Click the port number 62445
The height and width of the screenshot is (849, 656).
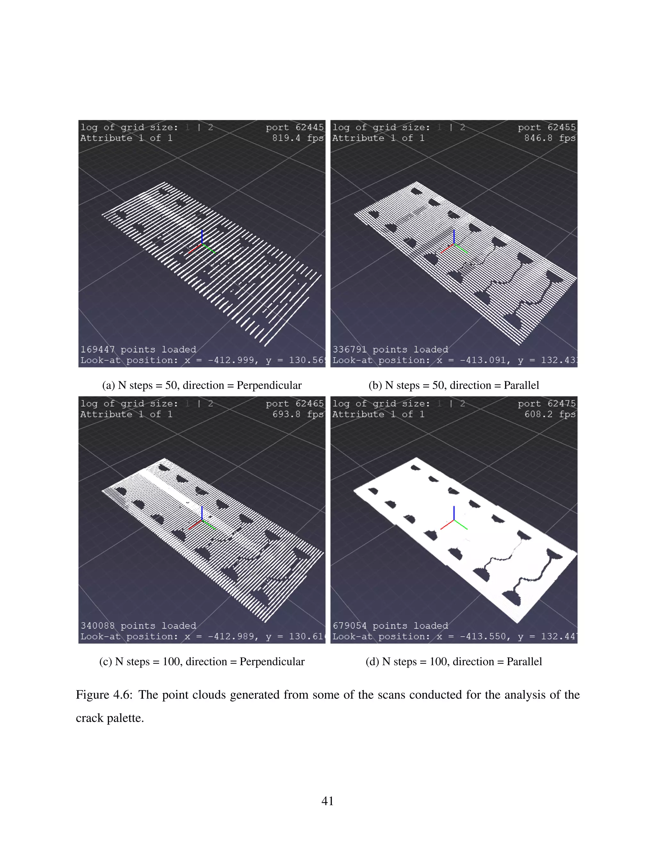pos(309,127)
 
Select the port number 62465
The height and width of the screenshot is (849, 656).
pos(309,403)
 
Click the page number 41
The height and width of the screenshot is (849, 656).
pos(328,801)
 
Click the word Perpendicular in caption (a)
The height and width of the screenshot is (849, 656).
pos(269,385)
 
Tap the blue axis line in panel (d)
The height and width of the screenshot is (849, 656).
pos(454,513)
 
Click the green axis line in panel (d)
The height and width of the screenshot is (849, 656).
pos(461,525)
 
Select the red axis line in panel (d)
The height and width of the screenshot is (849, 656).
pos(447,525)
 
